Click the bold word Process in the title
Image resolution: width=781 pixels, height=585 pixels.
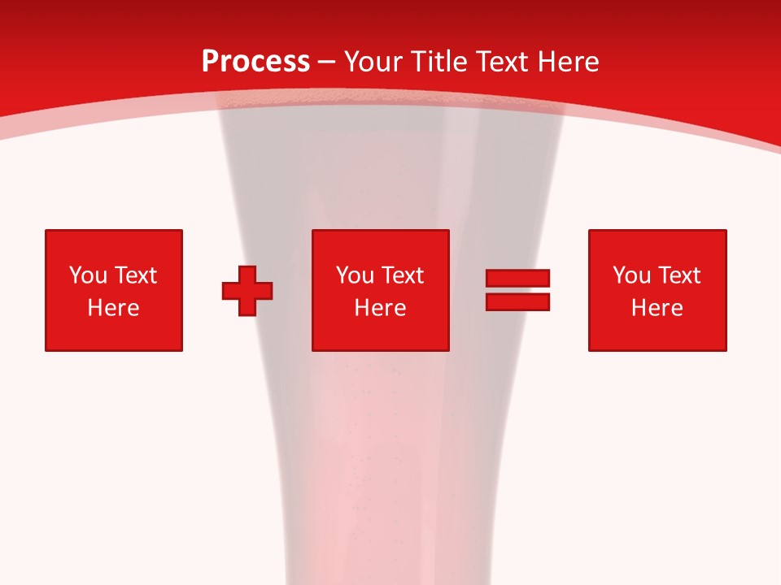tap(255, 62)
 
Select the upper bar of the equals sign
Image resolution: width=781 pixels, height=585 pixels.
tap(517, 278)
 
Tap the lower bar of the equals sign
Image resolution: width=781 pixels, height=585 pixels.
tap(517, 301)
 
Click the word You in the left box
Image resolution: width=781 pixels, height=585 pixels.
tap(88, 275)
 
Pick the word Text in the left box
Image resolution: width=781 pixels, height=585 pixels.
tap(135, 275)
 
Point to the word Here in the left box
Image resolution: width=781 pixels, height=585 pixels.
tap(113, 308)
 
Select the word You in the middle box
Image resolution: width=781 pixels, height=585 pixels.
tap(355, 275)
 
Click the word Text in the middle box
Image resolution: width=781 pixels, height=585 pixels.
tap(402, 275)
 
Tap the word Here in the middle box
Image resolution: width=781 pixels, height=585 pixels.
tap(380, 308)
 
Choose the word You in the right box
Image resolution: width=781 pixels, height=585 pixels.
tap(631, 275)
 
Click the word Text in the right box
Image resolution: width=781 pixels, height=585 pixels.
tap(678, 275)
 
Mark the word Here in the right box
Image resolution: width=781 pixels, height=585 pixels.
tap(657, 308)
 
